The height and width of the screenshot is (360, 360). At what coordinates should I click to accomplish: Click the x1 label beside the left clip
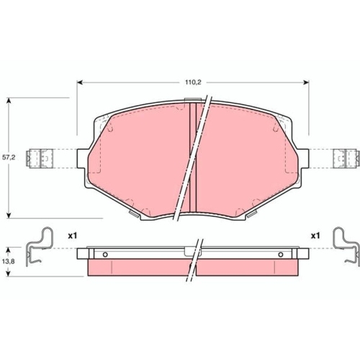click(x=72, y=235)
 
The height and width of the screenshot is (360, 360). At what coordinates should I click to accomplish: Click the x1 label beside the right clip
click(x=315, y=235)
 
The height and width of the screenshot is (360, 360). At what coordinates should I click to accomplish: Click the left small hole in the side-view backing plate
click(x=105, y=253)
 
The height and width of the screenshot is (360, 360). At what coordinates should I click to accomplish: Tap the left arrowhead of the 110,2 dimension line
click(x=78, y=83)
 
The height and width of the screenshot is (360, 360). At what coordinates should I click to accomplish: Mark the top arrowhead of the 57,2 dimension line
click(x=9, y=102)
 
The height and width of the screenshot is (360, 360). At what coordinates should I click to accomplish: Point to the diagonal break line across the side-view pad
click(x=194, y=264)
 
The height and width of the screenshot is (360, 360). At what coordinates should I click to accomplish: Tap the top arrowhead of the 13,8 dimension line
click(x=9, y=248)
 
